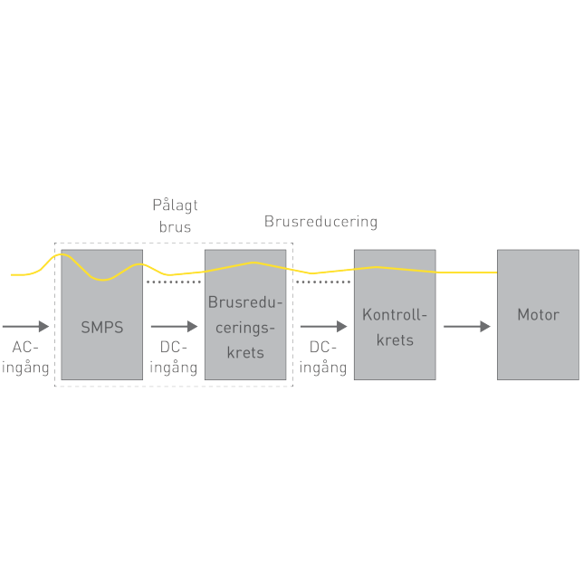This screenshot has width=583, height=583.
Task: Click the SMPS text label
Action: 101,327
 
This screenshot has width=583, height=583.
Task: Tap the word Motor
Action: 538,315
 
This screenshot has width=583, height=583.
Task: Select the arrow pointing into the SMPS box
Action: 26,326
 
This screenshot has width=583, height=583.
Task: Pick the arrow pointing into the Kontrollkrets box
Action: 323,326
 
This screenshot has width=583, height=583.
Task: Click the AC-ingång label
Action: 30,358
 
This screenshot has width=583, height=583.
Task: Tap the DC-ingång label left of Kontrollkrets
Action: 322,358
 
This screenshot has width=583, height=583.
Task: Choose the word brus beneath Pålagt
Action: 175,227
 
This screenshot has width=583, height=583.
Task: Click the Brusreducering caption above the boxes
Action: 320,222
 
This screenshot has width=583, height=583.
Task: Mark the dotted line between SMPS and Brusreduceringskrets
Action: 174,282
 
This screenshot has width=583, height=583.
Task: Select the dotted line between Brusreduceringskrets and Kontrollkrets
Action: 323,282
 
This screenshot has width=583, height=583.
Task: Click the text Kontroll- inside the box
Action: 394,315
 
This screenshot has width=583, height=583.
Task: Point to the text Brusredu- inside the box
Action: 245,302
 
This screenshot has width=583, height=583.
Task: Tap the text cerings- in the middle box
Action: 245,327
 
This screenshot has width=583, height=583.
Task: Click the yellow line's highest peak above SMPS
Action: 62,255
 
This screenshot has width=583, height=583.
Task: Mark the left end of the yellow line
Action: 12,274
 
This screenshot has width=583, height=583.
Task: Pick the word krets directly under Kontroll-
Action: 394,340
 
